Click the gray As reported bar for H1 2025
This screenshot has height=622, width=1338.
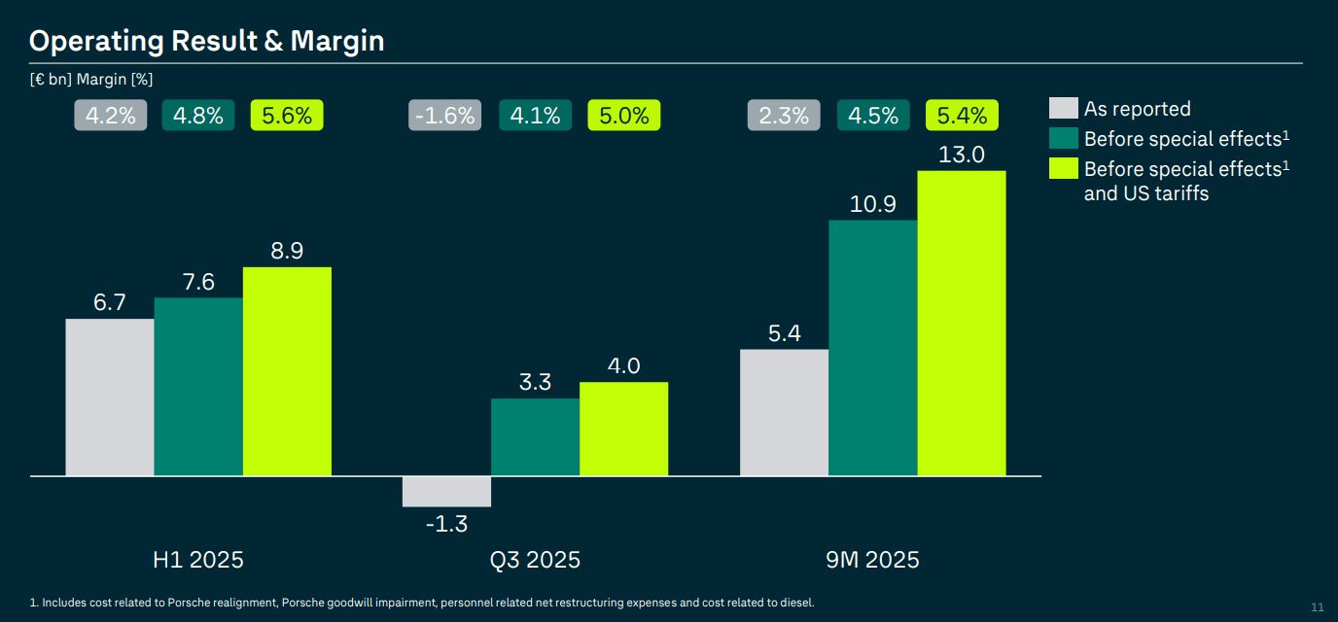pyautogui.click(x=109, y=397)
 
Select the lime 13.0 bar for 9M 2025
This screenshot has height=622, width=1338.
pyautogui.click(x=962, y=324)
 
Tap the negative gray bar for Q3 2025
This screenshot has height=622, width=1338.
pyautogui.click(x=446, y=492)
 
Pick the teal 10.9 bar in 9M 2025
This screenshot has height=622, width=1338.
pyautogui.click(x=872, y=348)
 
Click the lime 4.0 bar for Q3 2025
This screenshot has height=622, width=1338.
pyautogui.click(x=623, y=429)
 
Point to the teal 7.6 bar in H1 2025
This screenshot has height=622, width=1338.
pyautogui.click(x=198, y=387)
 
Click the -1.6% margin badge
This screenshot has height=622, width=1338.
pyautogui.click(x=445, y=116)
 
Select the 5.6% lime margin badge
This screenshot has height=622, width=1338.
pyautogui.click(x=287, y=116)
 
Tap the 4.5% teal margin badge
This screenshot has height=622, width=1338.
pyautogui.click(x=873, y=116)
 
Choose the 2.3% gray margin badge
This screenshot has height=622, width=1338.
pyautogui.click(x=784, y=116)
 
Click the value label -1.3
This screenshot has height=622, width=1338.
pyautogui.click(x=446, y=525)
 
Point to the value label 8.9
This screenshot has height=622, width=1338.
pyautogui.click(x=287, y=251)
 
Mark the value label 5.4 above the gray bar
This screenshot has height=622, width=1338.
pyautogui.click(x=784, y=333)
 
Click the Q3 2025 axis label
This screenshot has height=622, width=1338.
pyautogui.click(x=535, y=561)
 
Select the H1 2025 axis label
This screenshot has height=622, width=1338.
pyautogui.click(x=198, y=561)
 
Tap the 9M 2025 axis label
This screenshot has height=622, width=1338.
pyautogui.click(x=872, y=561)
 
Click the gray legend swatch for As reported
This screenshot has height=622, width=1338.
pyautogui.click(x=1064, y=108)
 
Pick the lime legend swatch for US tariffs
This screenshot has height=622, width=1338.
pyautogui.click(x=1064, y=168)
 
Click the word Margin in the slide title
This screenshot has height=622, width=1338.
pyautogui.click(x=337, y=41)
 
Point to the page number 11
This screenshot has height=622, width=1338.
pyautogui.click(x=1318, y=607)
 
